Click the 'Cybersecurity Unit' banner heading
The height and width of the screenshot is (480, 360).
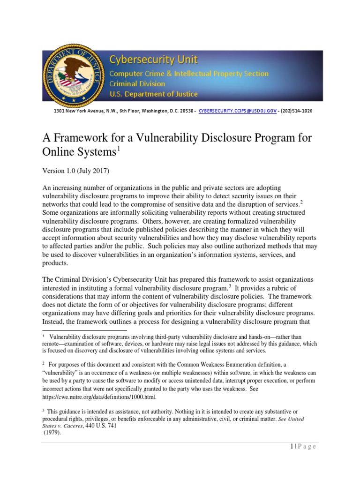pyautogui.click(x=153, y=60)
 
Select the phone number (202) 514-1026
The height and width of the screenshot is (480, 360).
pyautogui.click(x=296, y=111)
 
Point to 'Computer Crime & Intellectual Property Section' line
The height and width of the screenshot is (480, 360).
pyautogui.click(x=189, y=74)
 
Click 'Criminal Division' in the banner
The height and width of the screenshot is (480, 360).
pyautogui.click(x=137, y=83)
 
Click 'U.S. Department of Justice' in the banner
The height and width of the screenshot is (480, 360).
pyautogui.click(x=153, y=94)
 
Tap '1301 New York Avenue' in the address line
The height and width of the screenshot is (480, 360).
pyautogui.click(x=70, y=111)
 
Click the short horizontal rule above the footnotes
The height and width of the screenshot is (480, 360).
pyautogui.click(x=84, y=330)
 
